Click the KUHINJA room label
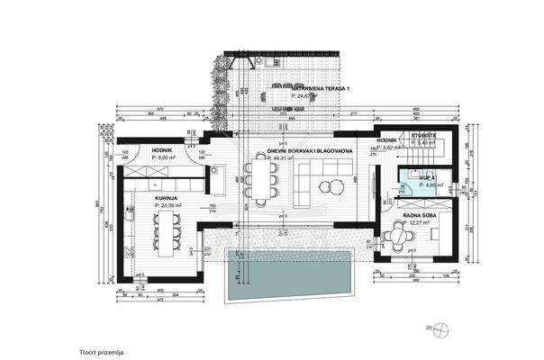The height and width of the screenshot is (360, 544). [165, 198]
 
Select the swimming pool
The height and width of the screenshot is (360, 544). [287, 274]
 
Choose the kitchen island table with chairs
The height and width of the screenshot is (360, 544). [165, 232]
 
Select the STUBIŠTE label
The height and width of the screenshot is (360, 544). [423, 136]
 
